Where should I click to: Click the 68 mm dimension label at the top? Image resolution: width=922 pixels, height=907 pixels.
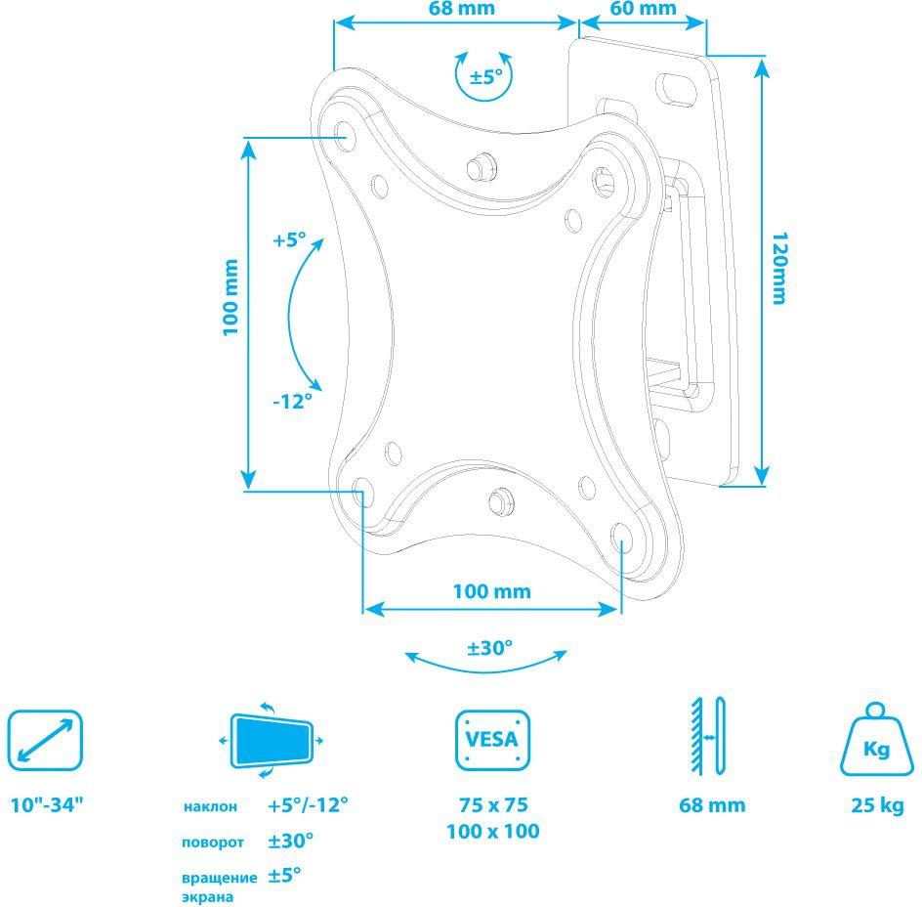pyautogui.click(x=461, y=8)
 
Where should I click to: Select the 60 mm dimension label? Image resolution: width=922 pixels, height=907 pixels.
pyautogui.click(x=644, y=8)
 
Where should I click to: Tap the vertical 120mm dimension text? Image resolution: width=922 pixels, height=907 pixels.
pyautogui.click(x=779, y=269)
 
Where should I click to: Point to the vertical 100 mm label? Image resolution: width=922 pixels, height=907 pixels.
pyautogui.click(x=230, y=297)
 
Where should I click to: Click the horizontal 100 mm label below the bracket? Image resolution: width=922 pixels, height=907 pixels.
pyautogui.click(x=491, y=591)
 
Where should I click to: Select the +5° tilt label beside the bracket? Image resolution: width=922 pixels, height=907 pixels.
pyautogui.click(x=289, y=239)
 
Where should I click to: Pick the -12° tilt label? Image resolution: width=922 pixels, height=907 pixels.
pyautogui.click(x=292, y=402)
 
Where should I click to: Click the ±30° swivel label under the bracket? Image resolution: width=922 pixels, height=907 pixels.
pyautogui.click(x=490, y=648)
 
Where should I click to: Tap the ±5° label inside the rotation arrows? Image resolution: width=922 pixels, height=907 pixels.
pyautogui.click(x=486, y=76)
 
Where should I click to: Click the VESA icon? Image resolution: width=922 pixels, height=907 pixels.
pyautogui.click(x=493, y=740)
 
